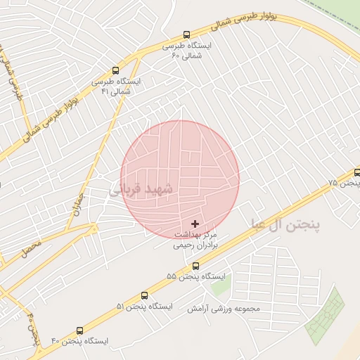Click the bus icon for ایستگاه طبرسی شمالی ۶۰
pos(186,34)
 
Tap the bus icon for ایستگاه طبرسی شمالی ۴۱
pos(115,70)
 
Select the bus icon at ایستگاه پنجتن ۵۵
pos(195,266)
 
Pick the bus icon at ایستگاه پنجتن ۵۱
pos(145,296)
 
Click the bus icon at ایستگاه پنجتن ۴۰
pos(79,330)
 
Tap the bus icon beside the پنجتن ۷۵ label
pos(357,172)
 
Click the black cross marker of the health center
pos(195,224)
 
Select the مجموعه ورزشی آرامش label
pos(224,309)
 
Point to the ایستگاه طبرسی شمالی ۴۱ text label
pos(116,86)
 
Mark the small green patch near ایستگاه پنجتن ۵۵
pos(219,285)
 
